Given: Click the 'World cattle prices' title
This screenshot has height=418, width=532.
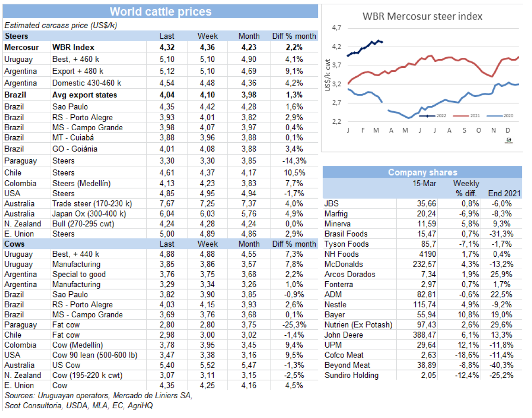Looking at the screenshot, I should tap(161, 12).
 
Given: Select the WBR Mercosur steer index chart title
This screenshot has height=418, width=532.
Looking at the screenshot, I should tap(422, 17).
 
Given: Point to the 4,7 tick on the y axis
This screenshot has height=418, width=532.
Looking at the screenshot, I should tap(336, 29).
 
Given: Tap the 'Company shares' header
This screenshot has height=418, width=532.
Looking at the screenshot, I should tap(422, 172).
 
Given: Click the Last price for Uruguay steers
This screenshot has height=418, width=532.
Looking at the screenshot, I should tap(167, 60).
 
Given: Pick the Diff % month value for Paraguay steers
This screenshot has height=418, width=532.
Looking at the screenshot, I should tap(293, 161).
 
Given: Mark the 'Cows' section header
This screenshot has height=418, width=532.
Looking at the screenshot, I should tap(15, 244).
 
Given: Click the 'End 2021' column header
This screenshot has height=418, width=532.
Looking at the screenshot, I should tap(504, 194).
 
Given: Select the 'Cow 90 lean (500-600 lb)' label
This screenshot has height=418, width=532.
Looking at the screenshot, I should tap(95, 355).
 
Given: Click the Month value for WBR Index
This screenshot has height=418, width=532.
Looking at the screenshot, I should tap(249, 47).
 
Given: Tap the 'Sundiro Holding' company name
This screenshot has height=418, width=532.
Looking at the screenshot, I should tap(352, 375).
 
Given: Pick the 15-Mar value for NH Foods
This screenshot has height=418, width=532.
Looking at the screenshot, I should tap(427, 254).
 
